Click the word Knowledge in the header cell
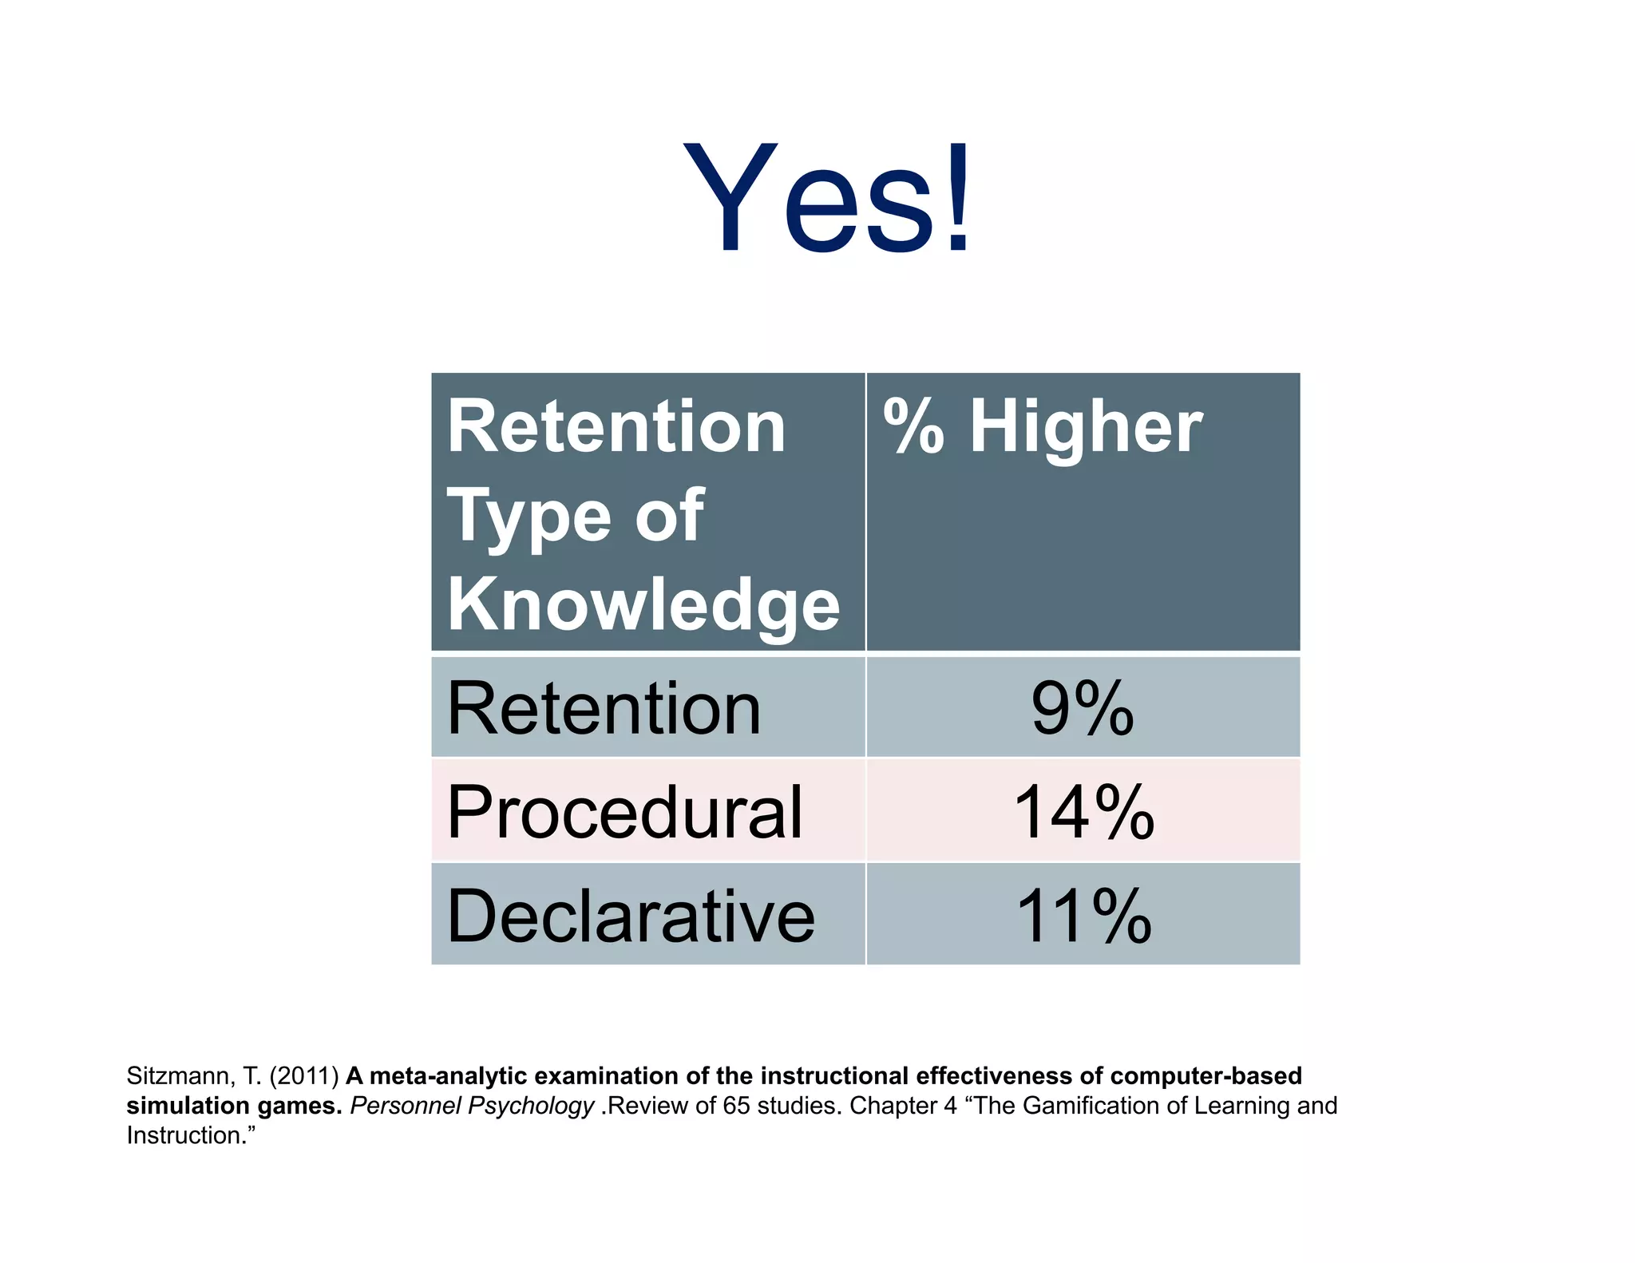643,604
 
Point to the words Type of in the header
575,517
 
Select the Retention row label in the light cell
604,709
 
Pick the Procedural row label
624,812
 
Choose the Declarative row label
631,916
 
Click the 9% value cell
1083,709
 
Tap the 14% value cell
1083,812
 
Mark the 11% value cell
1083,916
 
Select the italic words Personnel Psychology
472,1106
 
